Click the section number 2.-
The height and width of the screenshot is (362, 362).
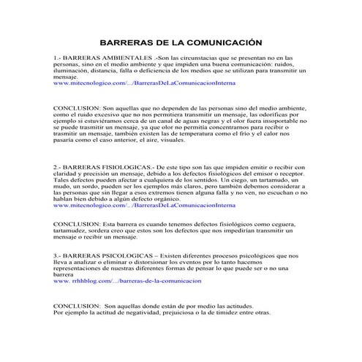(x=59, y=167)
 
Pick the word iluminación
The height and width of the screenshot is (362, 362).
(x=73, y=70)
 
